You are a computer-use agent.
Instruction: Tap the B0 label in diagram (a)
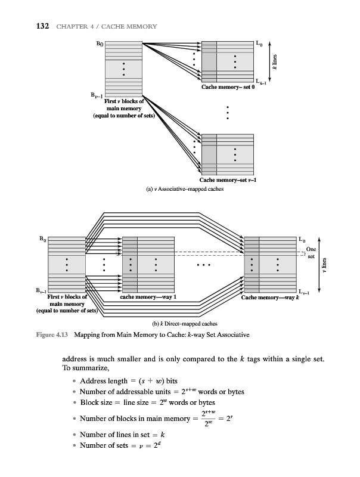pos(100,44)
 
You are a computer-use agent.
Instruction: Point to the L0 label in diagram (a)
pos(258,43)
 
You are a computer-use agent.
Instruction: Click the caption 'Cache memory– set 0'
pos(228,88)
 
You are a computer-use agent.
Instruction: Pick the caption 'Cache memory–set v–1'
pos(228,180)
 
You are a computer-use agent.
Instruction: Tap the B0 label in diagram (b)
pos(41,239)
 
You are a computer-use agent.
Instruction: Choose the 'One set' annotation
pos(311,252)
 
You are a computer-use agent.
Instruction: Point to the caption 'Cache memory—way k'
pos(270,298)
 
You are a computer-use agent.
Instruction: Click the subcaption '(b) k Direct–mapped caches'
pos(179,324)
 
